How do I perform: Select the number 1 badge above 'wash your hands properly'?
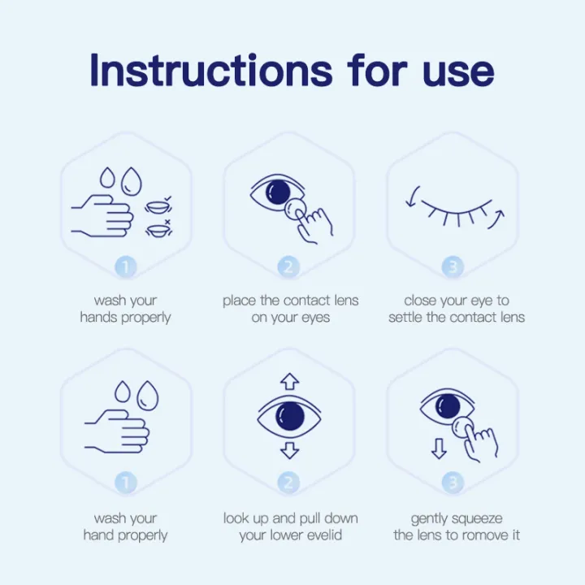tap(126, 266)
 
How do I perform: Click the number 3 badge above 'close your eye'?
tap(453, 266)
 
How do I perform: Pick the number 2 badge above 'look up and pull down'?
tap(288, 483)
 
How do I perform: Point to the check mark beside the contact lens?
tap(167, 198)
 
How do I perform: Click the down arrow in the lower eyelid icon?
tap(290, 453)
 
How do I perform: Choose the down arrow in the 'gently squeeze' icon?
tap(439, 448)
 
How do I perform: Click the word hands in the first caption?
tap(99, 318)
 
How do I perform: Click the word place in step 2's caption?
tap(240, 301)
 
